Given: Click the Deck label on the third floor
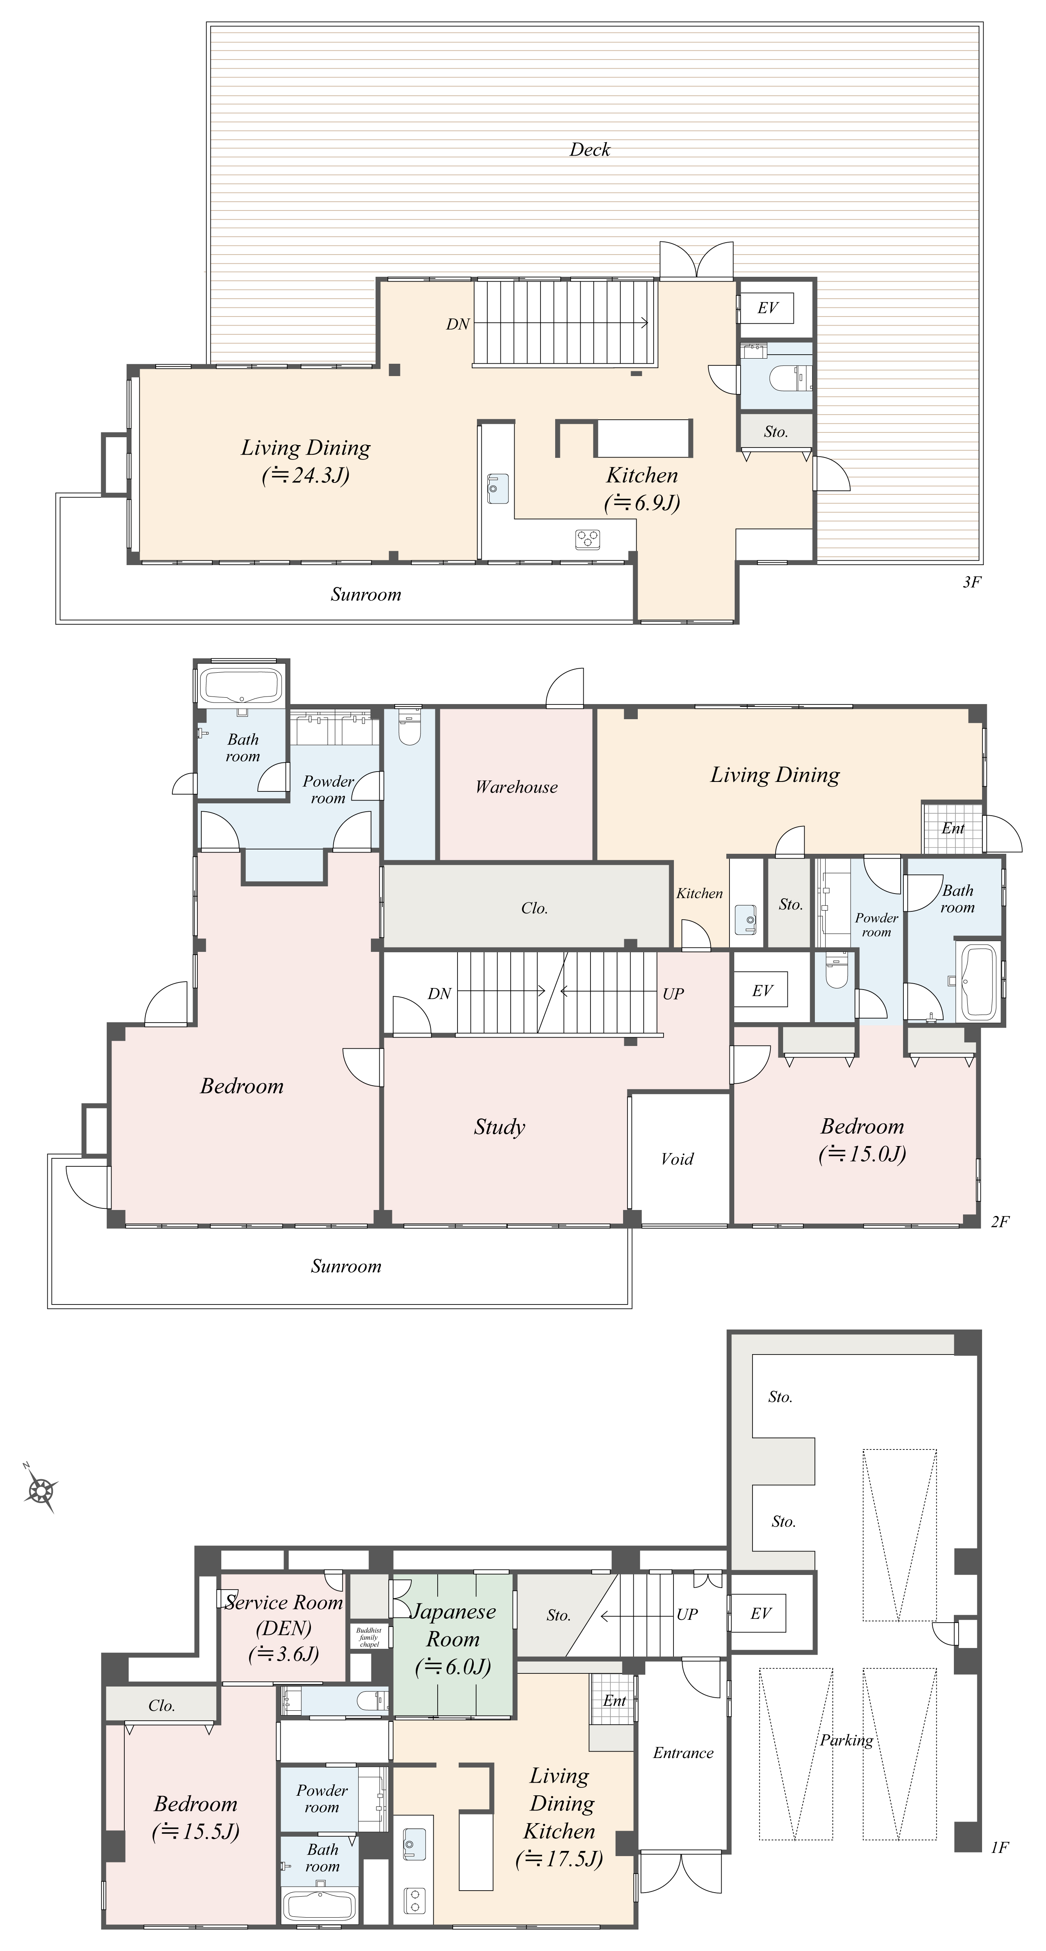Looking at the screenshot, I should pos(589,149).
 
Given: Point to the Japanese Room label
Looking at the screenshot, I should pos(453,1625).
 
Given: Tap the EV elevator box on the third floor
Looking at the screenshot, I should pos(767,307).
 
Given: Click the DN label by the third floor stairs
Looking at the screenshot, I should pos(457,324).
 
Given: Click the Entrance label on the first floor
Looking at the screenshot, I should pos(683,1752).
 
